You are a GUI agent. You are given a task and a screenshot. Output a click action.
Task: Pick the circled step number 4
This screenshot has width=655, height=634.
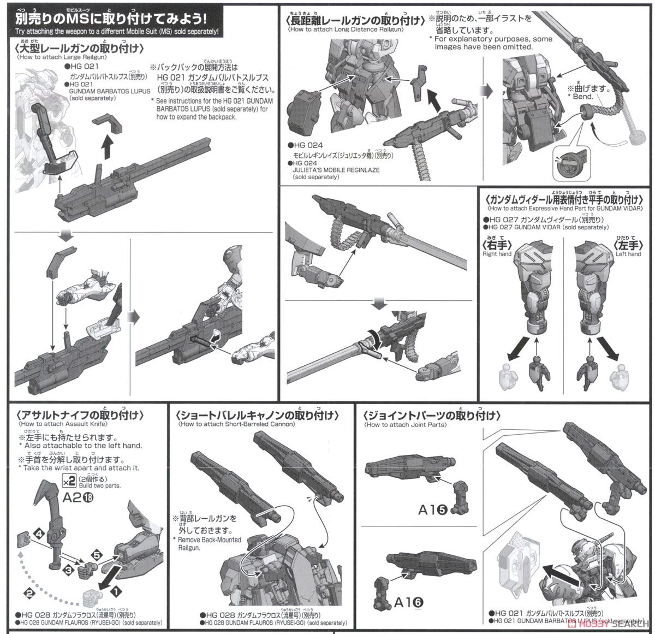39,532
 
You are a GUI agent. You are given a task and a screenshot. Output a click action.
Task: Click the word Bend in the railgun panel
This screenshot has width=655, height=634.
582,97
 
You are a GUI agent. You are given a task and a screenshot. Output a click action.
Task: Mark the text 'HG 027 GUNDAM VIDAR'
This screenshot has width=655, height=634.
537,227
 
